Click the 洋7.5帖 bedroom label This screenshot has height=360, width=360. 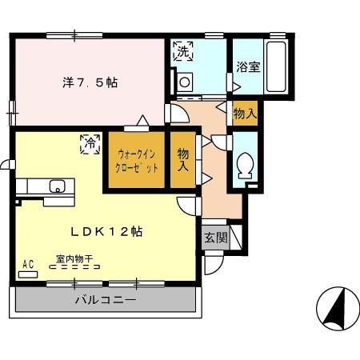[x=90, y=82]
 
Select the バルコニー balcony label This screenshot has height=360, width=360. [x=106, y=301]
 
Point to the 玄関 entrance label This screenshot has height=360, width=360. [x=214, y=238]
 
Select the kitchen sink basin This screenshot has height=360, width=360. [x=57, y=187]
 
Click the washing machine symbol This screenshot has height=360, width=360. [x=185, y=81]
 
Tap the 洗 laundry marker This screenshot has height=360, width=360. [x=183, y=52]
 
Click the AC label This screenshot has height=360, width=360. [x=28, y=264]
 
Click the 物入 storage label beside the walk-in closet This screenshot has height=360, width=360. [x=183, y=160]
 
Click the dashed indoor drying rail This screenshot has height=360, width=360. [x=74, y=269]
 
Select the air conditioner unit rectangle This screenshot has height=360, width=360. [x=28, y=274]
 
